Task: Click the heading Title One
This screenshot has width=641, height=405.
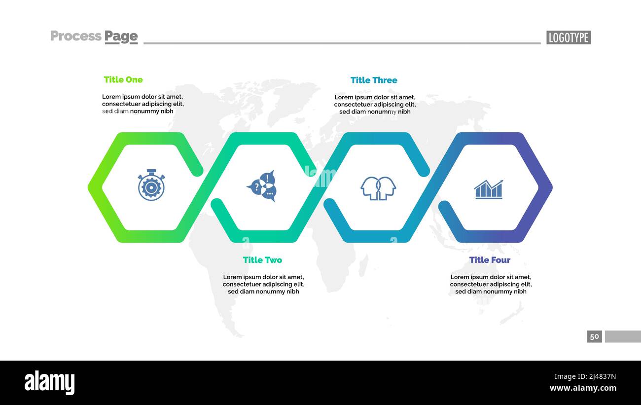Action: pos(123,79)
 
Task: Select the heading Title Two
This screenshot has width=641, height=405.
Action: pos(262,260)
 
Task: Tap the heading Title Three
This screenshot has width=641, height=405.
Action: pos(374,80)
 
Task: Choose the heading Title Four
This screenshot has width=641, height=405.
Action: pos(490,260)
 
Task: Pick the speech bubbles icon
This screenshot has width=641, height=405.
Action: pos(262,186)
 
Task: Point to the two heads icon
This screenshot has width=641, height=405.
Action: pos(378,188)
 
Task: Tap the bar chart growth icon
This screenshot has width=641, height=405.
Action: pos(489,189)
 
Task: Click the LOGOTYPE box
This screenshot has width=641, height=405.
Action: pos(569,37)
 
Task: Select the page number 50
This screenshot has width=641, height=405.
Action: pos(595,336)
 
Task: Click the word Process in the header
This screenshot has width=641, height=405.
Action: pos(76,36)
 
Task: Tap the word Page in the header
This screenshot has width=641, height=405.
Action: pos(121,37)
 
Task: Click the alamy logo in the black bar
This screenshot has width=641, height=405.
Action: pos(49,383)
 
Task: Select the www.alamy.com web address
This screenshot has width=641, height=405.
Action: pos(583,388)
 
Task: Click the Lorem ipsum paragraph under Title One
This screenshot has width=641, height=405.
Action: pos(142,104)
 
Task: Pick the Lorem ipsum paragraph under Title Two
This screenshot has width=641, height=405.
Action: pos(263,284)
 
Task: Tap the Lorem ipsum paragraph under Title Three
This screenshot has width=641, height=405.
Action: pos(375,105)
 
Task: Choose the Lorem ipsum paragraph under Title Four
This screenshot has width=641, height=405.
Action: pos(491,284)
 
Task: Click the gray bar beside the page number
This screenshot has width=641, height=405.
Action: pos(623,336)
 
